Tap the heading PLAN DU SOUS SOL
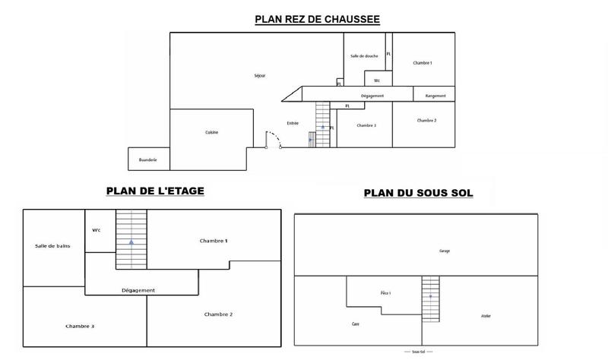(x=418, y=193)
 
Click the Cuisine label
(x=211, y=132)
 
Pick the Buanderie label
(x=147, y=159)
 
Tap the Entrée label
(x=293, y=123)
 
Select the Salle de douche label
(x=363, y=56)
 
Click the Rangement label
(x=435, y=96)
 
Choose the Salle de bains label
(x=52, y=246)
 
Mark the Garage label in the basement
(x=445, y=251)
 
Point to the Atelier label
(x=486, y=315)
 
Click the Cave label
(x=355, y=324)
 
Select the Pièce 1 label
(x=385, y=292)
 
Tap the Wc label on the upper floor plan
(x=97, y=230)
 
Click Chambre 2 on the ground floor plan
(x=426, y=121)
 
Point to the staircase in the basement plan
(x=431, y=298)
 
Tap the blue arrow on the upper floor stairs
(x=131, y=242)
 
